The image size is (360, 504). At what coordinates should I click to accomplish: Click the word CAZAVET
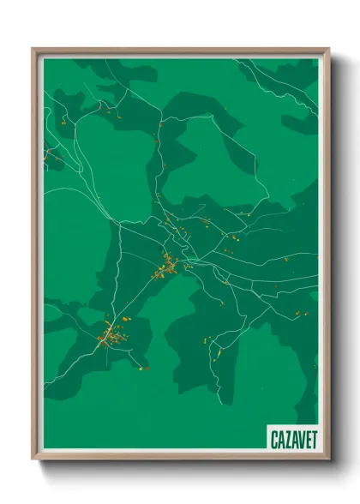coord(292,438)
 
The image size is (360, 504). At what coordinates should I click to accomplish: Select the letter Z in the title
coord(286,438)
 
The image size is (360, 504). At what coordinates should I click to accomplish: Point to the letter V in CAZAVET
coord(299,438)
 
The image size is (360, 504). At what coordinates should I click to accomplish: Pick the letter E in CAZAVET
coord(306,438)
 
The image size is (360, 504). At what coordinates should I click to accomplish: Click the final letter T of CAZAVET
coord(312,438)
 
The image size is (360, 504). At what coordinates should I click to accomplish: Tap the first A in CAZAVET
coord(279,438)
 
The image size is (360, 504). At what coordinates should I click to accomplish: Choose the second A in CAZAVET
coord(292,438)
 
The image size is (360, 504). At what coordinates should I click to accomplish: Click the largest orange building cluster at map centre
coord(165,271)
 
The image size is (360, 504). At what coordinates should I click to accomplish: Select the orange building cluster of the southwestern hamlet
coord(109,336)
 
